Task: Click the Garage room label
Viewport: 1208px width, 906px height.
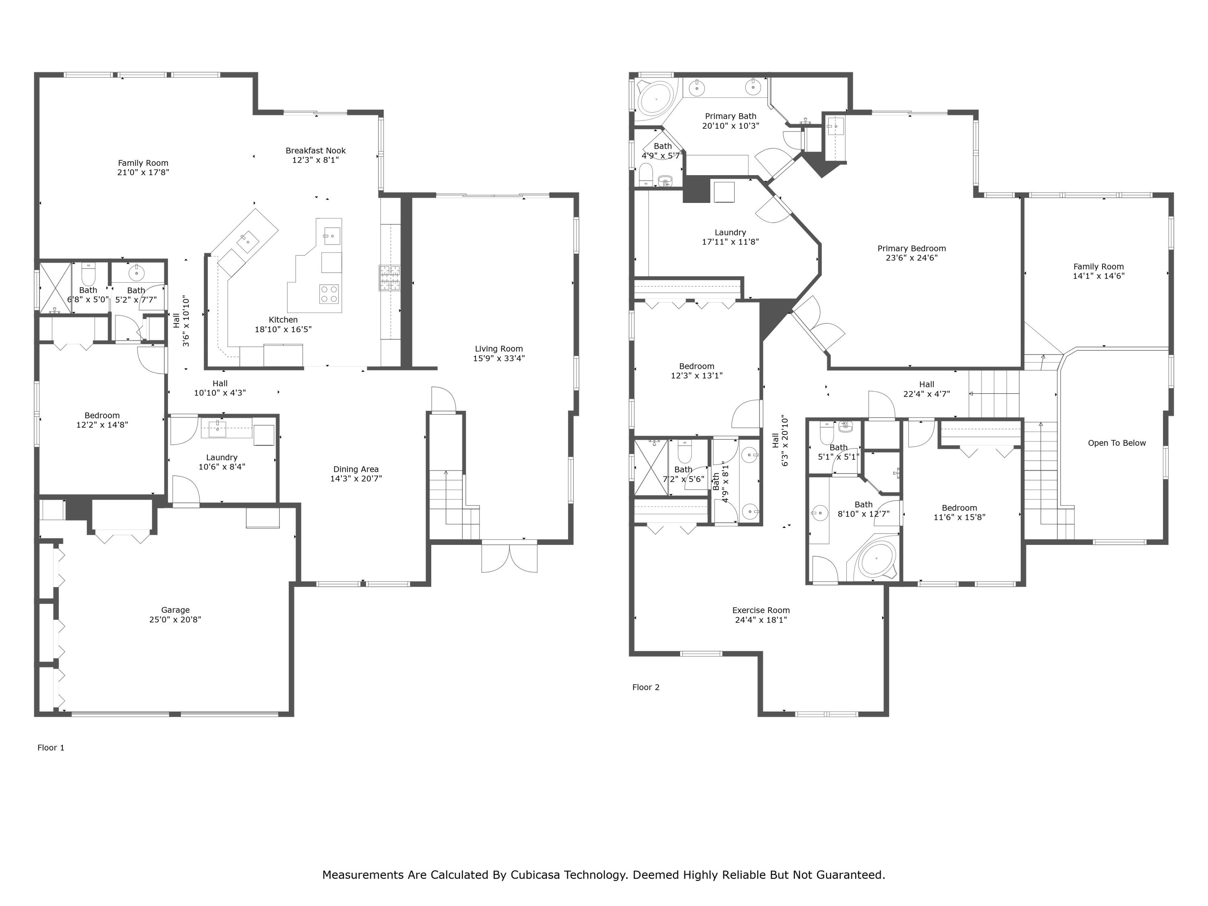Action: pyautogui.click(x=175, y=610)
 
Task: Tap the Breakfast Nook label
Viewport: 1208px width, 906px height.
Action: pyautogui.click(x=315, y=151)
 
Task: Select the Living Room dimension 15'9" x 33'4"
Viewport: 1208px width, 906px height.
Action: pyautogui.click(x=499, y=358)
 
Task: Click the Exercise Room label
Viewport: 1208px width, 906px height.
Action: pyautogui.click(x=761, y=610)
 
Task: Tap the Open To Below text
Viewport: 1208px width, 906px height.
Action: pyautogui.click(x=1116, y=443)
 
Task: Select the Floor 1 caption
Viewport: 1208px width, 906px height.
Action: pyautogui.click(x=51, y=748)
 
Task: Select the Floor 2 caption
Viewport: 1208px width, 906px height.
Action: pyautogui.click(x=645, y=687)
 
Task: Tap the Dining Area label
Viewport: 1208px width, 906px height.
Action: pyautogui.click(x=356, y=469)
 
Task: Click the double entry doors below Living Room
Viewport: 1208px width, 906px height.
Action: pyautogui.click(x=509, y=557)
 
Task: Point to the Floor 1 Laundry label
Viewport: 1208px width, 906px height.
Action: pyautogui.click(x=222, y=458)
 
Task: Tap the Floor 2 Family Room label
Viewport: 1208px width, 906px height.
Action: pyautogui.click(x=1098, y=267)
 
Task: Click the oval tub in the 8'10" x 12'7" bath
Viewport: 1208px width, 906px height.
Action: pyautogui.click(x=875, y=559)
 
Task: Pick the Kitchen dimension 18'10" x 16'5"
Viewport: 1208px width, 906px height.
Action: pyautogui.click(x=283, y=329)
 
